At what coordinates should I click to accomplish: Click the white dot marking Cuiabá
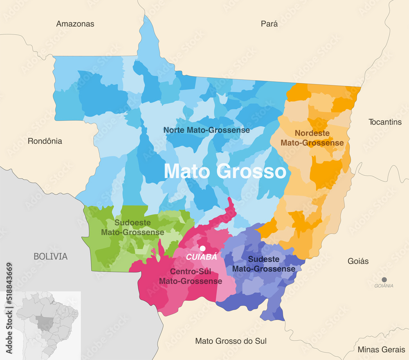tap(202, 248)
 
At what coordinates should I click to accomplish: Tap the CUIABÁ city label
tap(202, 257)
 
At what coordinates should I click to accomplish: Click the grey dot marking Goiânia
tap(384, 280)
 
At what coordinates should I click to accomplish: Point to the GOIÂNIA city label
tap(384, 286)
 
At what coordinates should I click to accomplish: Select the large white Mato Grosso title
tap(225, 171)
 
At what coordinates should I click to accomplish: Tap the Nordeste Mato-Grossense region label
tap(312, 138)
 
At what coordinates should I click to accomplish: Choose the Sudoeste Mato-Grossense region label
tap(133, 228)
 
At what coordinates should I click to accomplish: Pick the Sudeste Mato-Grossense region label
tap(263, 264)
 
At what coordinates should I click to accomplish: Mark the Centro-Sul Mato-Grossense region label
tap(190, 277)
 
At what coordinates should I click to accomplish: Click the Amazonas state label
tap(75, 24)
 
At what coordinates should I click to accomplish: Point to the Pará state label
tap(269, 24)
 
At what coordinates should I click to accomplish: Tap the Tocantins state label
tap(385, 122)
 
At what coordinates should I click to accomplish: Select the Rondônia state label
tap(45, 141)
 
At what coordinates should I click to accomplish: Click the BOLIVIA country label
tap(50, 257)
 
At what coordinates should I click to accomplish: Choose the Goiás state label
tap(358, 261)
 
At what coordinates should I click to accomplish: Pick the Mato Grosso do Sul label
tap(231, 341)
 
